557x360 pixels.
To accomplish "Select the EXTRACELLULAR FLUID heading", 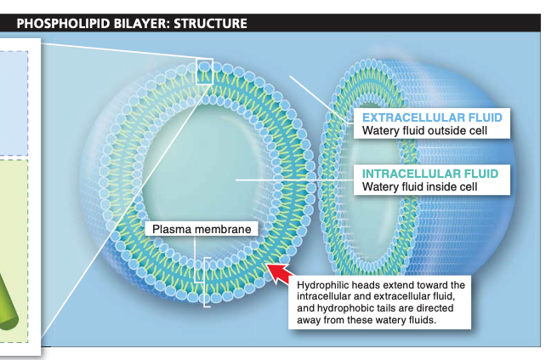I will click(x=431, y=117).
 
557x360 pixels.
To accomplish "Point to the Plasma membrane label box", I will click(x=201, y=229).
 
